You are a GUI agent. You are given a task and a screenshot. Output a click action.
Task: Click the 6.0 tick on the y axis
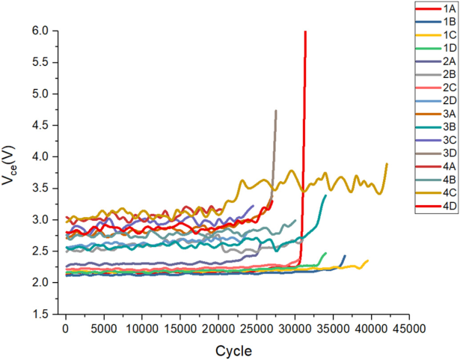coord(40,31)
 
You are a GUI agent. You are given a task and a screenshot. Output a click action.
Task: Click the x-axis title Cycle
coord(233,350)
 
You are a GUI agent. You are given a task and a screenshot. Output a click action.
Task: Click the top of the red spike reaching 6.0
coord(305,32)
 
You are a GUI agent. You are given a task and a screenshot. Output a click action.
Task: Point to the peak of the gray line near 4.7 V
coord(276,111)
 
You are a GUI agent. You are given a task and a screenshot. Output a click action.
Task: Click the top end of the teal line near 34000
coord(326,195)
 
